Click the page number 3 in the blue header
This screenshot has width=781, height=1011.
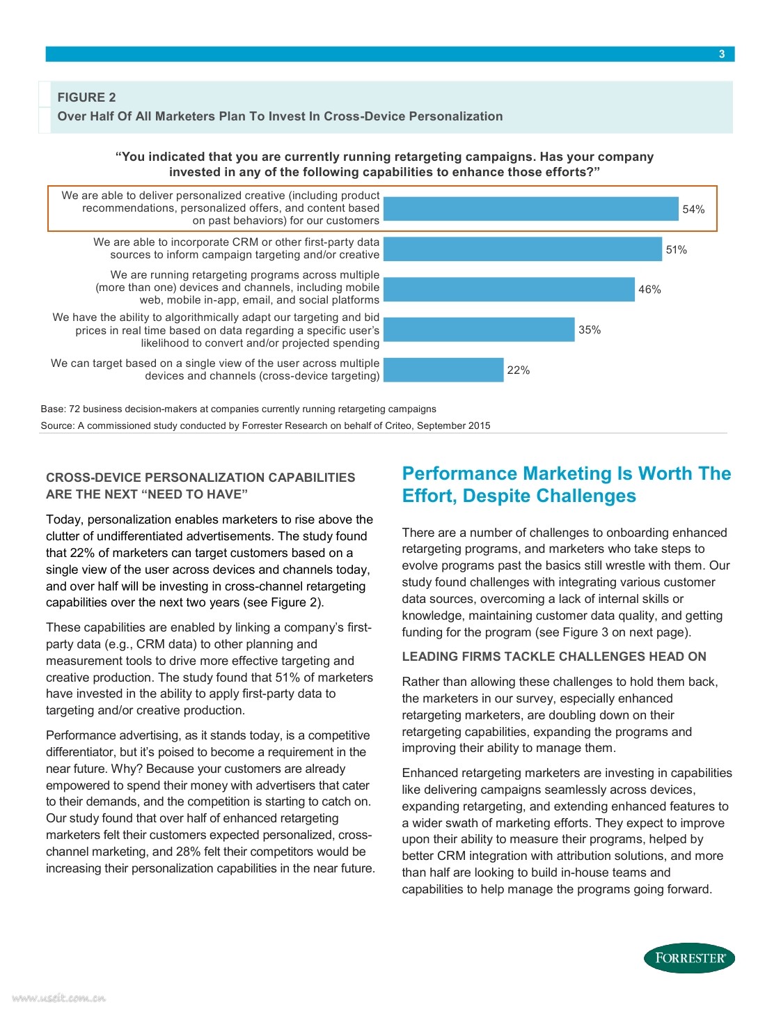click(x=722, y=54)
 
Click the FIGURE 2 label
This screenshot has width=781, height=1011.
click(x=86, y=97)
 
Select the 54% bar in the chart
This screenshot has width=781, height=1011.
click(x=530, y=209)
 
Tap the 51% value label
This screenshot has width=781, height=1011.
click(x=676, y=250)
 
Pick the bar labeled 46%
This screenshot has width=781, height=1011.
click(x=509, y=290)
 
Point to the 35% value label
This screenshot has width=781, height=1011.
click(x=589, y=330)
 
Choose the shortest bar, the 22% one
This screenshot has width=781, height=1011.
click(x=443, y=370)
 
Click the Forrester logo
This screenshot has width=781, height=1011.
click(x=689, y=958)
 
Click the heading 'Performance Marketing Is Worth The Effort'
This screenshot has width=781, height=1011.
click(x=567, y=485)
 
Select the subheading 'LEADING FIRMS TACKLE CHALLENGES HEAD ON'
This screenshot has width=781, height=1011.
click(x=554, y=657)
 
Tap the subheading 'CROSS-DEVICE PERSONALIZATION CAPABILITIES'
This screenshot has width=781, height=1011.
click(x=200, y=478)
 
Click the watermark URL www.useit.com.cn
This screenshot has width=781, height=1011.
click(x=54, y=998)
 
